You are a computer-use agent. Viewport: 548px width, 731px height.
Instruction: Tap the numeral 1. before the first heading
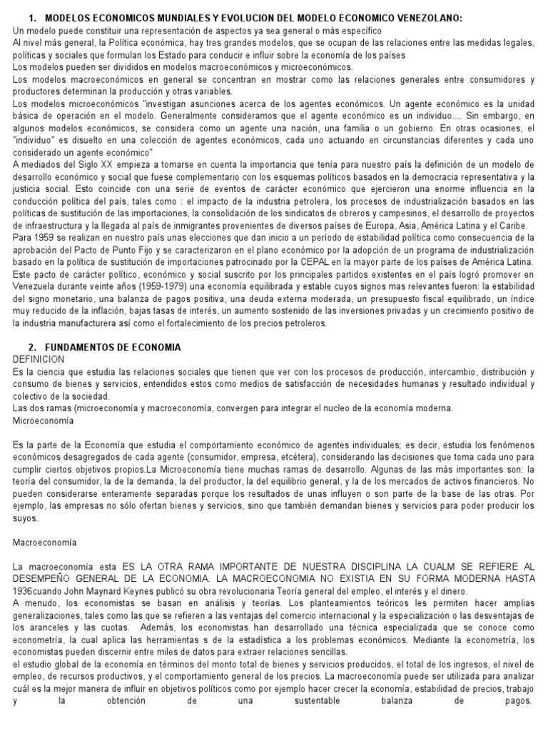32,17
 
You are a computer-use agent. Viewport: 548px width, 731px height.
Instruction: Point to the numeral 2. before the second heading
32,347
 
